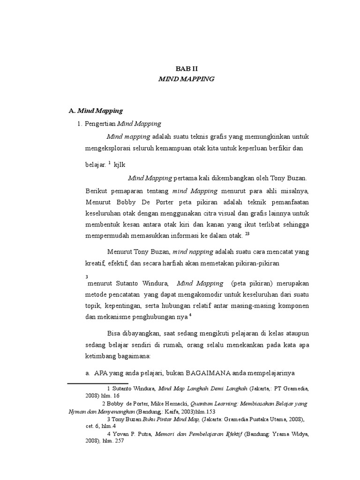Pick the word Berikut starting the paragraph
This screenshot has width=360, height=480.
(97, 191)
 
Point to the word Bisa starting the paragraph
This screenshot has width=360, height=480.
(114, 333)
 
